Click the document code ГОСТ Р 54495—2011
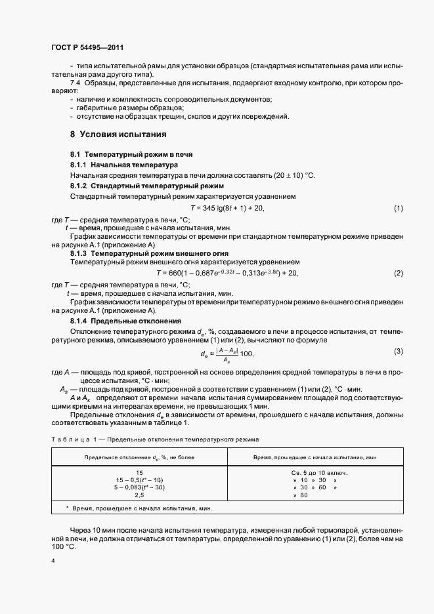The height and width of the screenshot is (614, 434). tap(87, 49)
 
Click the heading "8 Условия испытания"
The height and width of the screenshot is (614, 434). tap(118, 134)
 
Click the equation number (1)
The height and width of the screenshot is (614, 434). tap(398, 209)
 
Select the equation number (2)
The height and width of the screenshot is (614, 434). tap(398, 273)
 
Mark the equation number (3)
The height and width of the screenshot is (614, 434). tap(398, 351)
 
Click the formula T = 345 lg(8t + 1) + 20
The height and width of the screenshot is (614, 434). tap(218, 209)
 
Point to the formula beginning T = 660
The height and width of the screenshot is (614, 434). tap(227, 273)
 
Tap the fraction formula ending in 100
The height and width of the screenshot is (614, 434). tap(227, 355)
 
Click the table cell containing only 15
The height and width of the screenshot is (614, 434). tap(139, 472)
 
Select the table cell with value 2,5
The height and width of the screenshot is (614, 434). tap(139, 495)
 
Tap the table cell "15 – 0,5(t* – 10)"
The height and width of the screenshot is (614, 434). tap(139, 480)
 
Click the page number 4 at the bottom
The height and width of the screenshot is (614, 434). tap(53, 560)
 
